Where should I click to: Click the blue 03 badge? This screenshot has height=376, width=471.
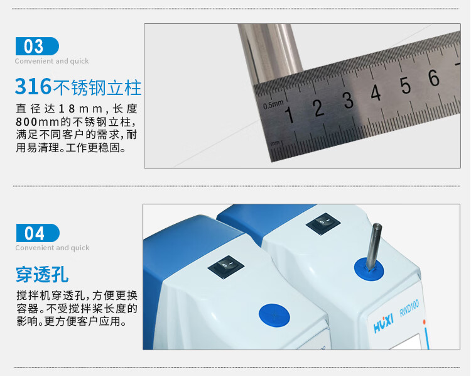pos(37,46)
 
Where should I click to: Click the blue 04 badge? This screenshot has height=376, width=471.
pos(38,233)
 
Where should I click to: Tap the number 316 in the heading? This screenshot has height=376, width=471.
pos(33,87)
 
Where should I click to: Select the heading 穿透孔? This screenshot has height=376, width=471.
pos(42,274)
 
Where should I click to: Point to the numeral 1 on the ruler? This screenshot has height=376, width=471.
pos(290,114)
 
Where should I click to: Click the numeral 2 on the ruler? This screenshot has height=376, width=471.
pos(318,108)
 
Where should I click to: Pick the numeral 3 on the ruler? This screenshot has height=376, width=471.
pos(348,100)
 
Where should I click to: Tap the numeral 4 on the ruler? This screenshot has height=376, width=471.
pos(376,92)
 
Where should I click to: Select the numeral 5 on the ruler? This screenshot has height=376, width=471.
pos(405,85)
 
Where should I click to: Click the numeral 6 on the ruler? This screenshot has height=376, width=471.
pos(433,77)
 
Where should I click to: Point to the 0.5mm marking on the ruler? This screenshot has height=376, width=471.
pos(273,104)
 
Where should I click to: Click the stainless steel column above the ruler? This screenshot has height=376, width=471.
pos(269,51)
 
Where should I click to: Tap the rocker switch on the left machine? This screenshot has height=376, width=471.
pos(226,266)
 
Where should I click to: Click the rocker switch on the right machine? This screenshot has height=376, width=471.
pos(323,223)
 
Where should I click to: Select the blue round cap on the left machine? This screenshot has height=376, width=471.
pos(274,315)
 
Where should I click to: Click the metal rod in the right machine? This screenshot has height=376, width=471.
pos(374,246)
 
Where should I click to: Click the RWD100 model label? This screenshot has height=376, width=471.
pos(409,307)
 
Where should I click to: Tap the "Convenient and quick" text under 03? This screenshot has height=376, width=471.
pos(51,61)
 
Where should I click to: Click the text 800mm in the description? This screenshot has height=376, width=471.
pos(37,122)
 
